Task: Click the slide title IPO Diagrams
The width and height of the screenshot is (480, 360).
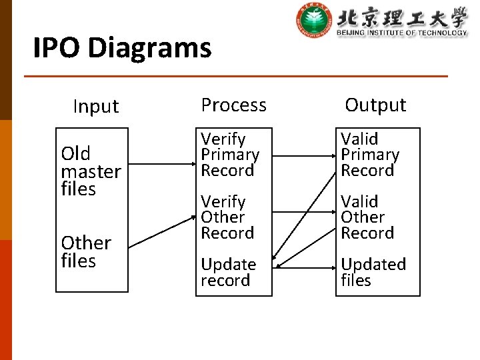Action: point(122,48)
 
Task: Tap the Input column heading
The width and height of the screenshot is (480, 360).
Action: point(95,106)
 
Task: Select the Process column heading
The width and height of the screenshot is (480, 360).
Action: point(233,105)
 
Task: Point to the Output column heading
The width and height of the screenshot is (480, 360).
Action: point(375,105)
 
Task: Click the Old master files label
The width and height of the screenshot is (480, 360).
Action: point(91,171)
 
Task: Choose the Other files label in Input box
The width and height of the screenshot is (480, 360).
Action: point(86,251)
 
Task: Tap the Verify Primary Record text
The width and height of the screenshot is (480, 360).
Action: point(230,155)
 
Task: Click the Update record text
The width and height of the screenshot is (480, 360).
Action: point(228,272)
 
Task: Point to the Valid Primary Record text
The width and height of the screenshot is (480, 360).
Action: point(370,155)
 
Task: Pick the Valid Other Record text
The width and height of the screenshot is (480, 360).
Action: point(367,217)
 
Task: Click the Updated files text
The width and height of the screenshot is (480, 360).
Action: point(373,272)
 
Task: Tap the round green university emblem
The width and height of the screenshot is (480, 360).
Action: point(313,21)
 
